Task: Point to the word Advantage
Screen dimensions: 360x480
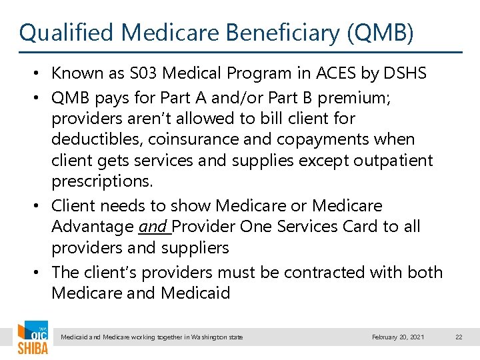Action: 92,227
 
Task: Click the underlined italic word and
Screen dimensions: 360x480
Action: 153,227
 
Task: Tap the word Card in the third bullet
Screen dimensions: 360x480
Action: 355,227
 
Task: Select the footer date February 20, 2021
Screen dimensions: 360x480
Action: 397,337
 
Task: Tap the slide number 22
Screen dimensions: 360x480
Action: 459,337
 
